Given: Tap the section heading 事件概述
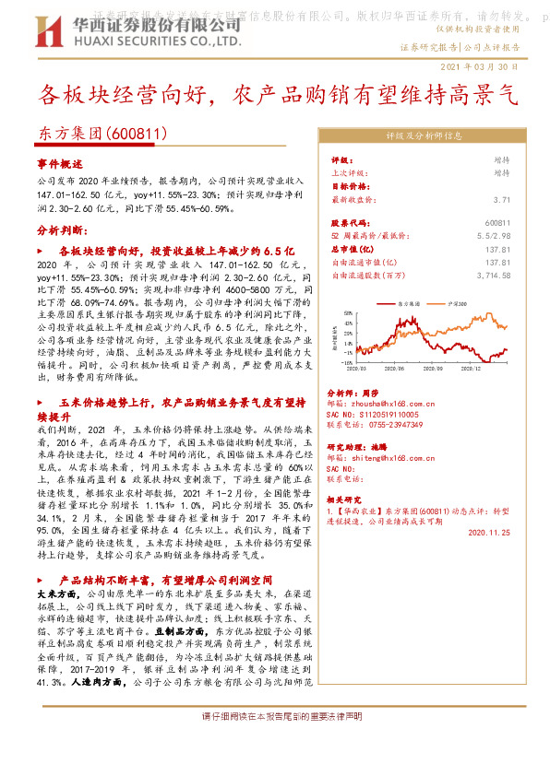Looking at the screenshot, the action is pyautogui.click(x=60, y=162).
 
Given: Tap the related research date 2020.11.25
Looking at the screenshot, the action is pyautogui.click(x=488, y=533).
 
